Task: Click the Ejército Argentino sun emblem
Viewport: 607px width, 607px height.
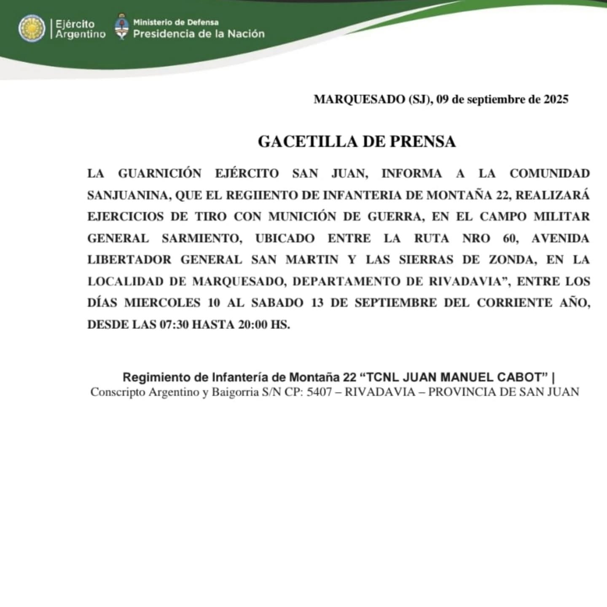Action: tap(32, 29)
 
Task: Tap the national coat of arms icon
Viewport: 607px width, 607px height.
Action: tap(121, 27)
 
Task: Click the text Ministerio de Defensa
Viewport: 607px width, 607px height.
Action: tap(176, 22)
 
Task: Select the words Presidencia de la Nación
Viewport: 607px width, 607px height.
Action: tap(199, 34)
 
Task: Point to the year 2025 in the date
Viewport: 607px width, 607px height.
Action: tap(556, 99)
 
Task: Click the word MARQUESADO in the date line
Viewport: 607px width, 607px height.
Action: tap(359, 99)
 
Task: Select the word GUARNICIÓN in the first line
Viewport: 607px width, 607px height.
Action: tap(159, 174)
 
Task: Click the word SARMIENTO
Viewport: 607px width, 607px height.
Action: tap(201, 239)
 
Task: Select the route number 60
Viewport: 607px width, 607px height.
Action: tap(510, 239)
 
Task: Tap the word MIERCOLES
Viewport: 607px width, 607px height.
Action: tap(162, 303)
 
